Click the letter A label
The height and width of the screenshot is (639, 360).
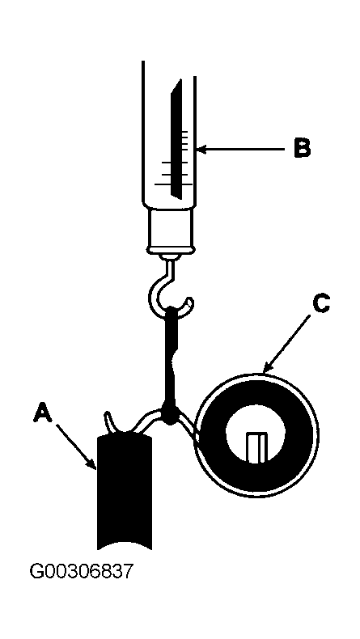tap(43, 412)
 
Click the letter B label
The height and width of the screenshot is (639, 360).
tap(302, 148)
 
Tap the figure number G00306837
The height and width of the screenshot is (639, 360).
tap(82, 571)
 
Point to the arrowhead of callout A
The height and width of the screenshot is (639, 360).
tap(93, 464)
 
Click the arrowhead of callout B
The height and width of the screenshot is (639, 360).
tap(202, 150)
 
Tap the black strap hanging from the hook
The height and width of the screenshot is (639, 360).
tap(171, 358)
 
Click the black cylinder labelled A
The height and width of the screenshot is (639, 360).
tap(125, 493)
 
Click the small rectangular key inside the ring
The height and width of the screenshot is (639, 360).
tap(256, 447)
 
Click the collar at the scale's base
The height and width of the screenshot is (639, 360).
tap(171, 227)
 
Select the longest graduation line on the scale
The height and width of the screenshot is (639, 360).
tap(173, 184)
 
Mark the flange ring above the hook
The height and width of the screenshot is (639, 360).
tap(171, 249)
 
